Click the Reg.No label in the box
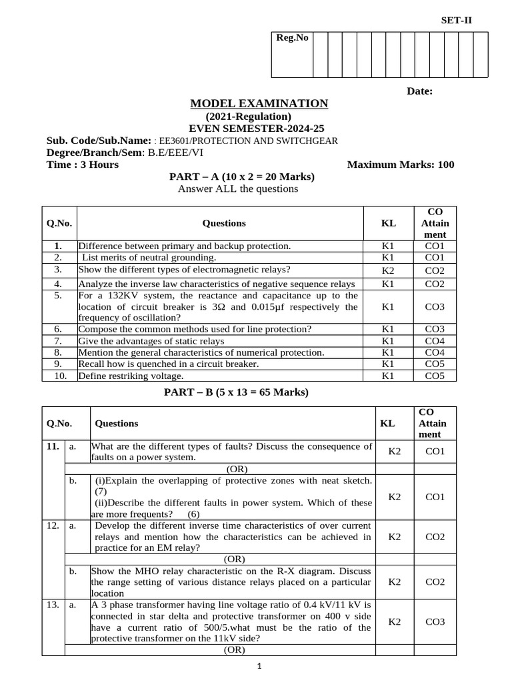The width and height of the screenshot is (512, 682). coord(292,38)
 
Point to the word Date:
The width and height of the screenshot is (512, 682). coord(420,91)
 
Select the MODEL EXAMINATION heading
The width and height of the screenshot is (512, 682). coord(259,103)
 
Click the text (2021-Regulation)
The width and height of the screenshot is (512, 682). coord(248,117)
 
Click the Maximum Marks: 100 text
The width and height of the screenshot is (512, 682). coord(401,165)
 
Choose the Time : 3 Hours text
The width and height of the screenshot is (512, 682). coord(83,165)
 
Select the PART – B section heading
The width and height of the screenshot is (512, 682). coord(237,392)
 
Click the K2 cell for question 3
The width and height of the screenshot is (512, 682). coord(388,271)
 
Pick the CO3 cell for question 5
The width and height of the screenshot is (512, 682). coord(434,307)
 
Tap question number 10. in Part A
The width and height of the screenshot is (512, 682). coord(59,376)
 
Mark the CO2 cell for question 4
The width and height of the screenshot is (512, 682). coord(434,284)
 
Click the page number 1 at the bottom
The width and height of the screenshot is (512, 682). coord(259,667)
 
